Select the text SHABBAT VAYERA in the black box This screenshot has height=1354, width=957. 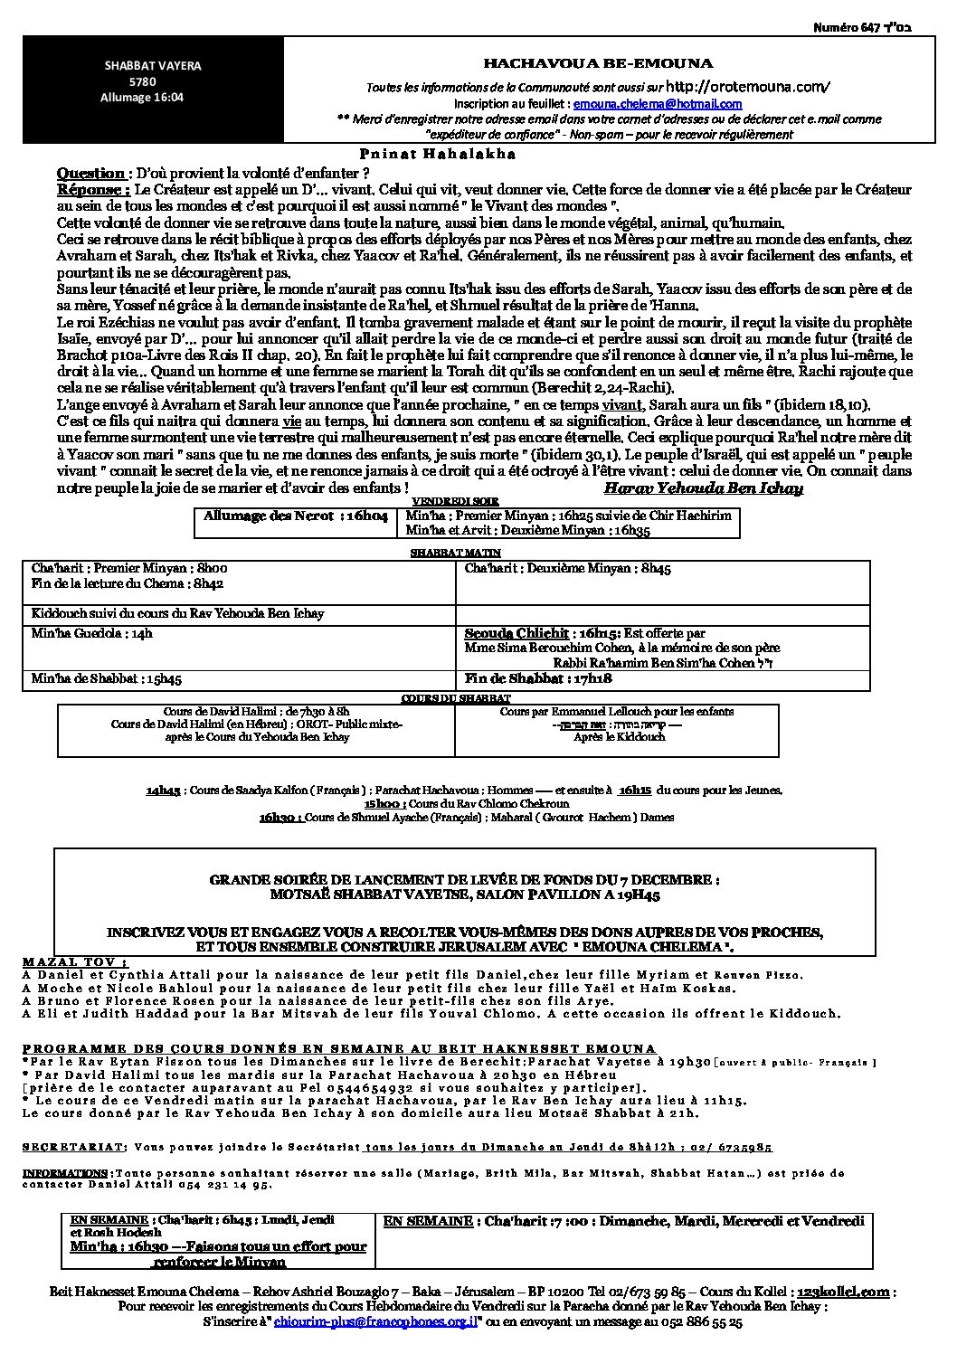point(153,66)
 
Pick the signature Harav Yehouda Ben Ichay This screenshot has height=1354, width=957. point(703,488)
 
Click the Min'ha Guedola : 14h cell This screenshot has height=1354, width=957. point(92,634)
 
